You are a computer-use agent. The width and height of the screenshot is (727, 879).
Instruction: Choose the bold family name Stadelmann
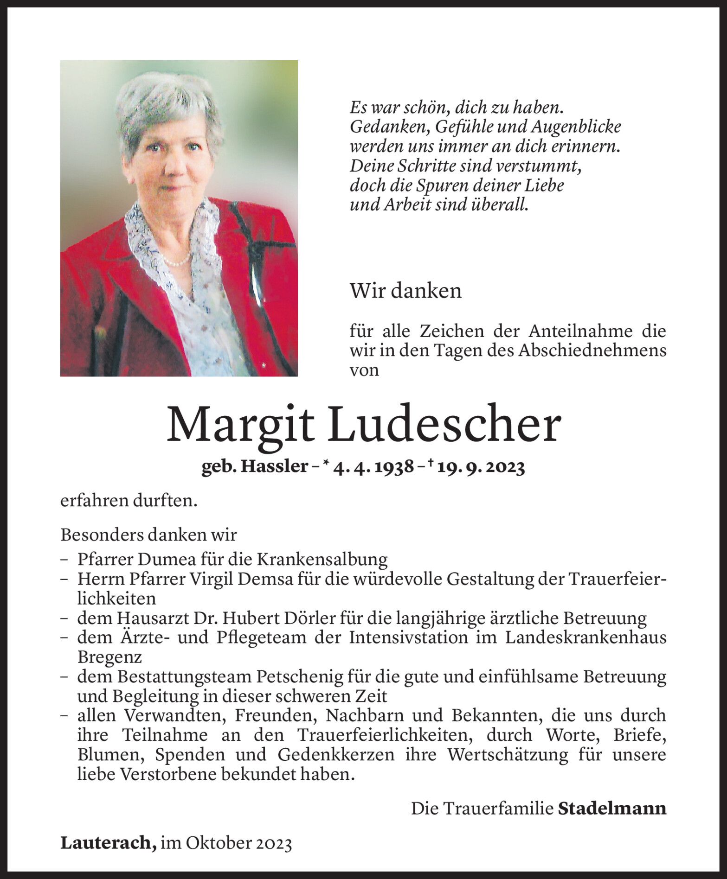point(612,809)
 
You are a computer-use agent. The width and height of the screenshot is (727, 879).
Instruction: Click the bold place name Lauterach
point(108,843)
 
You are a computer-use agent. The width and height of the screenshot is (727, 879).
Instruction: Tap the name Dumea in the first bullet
point(174,560)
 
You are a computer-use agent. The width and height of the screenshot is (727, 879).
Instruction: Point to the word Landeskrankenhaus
point(585,637)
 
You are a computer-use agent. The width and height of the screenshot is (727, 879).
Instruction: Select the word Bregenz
point(109,657)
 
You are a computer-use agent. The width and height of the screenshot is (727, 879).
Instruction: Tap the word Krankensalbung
point(322,560)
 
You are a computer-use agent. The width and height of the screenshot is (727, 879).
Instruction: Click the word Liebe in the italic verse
point(545,185)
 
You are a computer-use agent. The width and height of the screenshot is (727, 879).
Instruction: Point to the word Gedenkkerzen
point(336,755)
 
